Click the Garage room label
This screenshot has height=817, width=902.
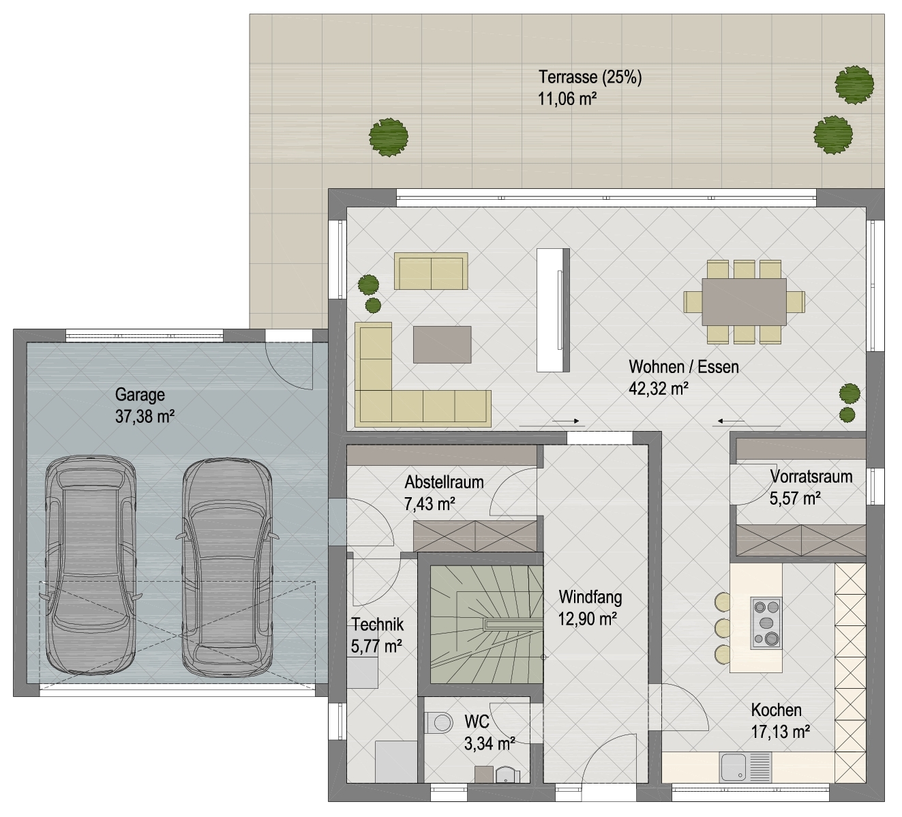(140, 395)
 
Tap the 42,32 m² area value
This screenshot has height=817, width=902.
(659, 389)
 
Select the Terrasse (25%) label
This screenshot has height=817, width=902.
(590, 77)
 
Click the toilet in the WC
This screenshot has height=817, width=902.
(438, 723)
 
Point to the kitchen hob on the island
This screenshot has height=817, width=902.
(766, 623)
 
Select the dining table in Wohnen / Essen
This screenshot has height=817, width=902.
(745, 302)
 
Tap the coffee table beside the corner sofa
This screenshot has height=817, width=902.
(442, 344)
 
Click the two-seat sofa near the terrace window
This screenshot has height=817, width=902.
(431, 271)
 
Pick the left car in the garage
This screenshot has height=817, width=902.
(91, 566)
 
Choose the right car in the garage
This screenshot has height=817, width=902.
(227, 566)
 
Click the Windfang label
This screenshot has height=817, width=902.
(590, 597)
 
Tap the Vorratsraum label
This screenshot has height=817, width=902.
(811, 477)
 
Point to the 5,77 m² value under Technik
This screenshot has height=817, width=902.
(376, 647)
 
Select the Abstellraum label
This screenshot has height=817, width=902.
(445, 482)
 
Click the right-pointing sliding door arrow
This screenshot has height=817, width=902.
(566, 421)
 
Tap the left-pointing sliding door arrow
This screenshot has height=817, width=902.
(731, 421)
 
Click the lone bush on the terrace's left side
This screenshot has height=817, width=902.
(389, 137)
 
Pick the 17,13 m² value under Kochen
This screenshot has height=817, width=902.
(781, 732)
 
